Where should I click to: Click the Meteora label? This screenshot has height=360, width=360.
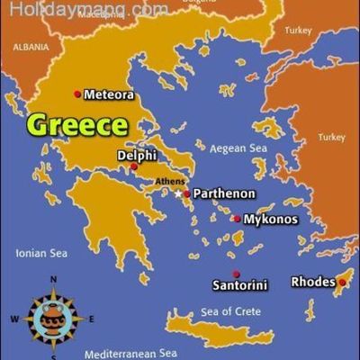(x=110, y=94)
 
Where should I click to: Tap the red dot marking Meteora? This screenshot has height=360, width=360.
(x=77, y=94)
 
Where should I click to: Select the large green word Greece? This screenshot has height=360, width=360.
(x=76, y=124)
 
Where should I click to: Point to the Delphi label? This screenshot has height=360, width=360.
(x=137, y=155)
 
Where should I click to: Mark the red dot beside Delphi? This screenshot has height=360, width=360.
(x=134, y=166)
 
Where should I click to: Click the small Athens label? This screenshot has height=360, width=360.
(x=170, y=182)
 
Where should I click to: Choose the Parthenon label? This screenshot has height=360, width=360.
(x=225, y=193)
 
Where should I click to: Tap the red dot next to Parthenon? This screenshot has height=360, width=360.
(x=187, y=193)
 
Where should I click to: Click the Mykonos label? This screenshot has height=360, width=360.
(x=271, y=219)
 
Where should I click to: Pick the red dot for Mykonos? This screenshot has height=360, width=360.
(x=237, y=219)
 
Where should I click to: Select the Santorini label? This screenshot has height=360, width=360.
(x=239, y=285)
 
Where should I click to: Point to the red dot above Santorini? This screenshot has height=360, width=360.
(x=236, y=274)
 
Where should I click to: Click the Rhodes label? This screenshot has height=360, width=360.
(x=312, y=282)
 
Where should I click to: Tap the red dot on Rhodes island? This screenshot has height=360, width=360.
(x=341, y=282)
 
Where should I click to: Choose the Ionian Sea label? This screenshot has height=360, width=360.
(x=41, y=254)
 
